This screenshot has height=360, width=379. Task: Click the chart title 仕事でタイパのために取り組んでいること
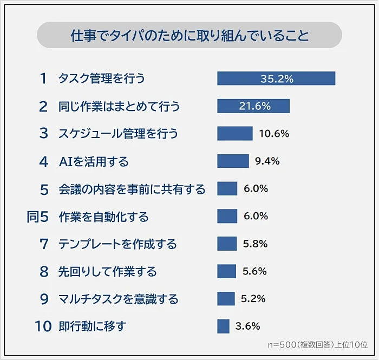tap(190, 36)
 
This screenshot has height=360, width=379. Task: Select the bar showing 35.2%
tap(276, 78)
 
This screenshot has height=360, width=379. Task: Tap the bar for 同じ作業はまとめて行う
tap(253, 106)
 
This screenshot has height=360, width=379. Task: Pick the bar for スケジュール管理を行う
tap(235, 134)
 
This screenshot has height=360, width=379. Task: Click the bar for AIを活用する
tap(233, 161)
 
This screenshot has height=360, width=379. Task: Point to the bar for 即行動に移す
tap(224, 326)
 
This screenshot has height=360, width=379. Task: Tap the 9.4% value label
tap(267, 161)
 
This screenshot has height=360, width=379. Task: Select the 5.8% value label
tap(255, 244)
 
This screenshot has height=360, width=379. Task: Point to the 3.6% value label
tap(248, 326)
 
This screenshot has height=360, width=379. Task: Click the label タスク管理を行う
tap(102, 78)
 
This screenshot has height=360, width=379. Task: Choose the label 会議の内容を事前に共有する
tap(132, 189)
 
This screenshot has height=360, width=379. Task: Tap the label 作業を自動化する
tap(103, 217)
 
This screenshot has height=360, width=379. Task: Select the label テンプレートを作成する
tap(117, 244)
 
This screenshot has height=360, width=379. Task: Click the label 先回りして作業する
tap(108, 271)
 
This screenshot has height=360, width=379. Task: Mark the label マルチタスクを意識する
tap(118, 299)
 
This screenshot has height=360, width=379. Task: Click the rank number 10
tap(43, 326)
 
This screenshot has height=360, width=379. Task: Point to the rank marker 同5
tap(38, 217)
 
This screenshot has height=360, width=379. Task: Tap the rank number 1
tap(43, 78)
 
